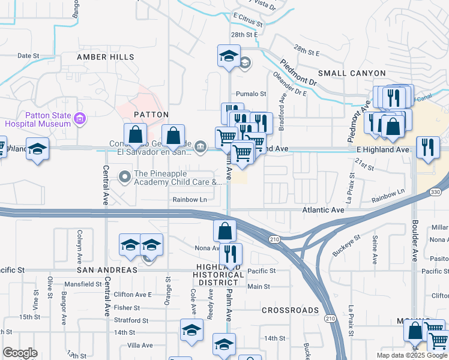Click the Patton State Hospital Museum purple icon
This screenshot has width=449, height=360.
tap(79, 119)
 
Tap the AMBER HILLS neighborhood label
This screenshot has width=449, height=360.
tap(106, 57)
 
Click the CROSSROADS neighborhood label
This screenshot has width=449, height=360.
tap(291, 310)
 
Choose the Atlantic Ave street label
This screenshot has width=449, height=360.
tap(324, 211)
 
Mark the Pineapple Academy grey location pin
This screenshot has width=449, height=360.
tap(125, 176)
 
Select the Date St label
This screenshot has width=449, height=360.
tap(28, 55)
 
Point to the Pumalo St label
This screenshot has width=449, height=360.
tap(251, 94)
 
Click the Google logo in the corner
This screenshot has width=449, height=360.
tap(20, 353)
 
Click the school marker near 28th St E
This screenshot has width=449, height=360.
tap(228, 56)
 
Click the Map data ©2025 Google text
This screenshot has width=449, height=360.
tap(412, 355)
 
